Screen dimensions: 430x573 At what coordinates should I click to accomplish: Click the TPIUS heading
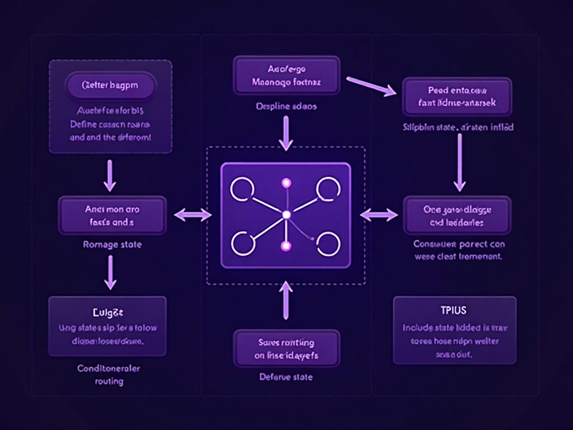(453, 310)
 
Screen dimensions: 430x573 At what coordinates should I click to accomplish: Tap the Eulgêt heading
(107, 311)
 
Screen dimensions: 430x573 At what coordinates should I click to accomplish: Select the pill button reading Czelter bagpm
(110, 87)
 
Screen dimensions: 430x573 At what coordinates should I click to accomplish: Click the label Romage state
(112, 245)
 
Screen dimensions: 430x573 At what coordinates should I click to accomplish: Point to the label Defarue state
(286, 377)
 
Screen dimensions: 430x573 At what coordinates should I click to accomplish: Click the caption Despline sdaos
(286, 106)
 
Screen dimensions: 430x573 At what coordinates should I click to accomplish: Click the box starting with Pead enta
(457, 96)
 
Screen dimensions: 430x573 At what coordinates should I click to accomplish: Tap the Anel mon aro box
(112, 215)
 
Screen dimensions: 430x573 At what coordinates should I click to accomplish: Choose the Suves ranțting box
(286, 348)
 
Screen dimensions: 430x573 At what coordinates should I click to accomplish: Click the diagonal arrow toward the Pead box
(370, 86)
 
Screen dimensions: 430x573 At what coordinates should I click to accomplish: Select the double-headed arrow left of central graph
(192, 214)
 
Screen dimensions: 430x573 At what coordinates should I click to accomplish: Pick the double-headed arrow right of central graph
(379, 214)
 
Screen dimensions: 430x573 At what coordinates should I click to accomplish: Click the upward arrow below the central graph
(286, 301)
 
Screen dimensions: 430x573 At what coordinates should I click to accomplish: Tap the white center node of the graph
(286, 215)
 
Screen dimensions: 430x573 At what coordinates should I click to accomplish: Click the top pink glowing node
(286, 183)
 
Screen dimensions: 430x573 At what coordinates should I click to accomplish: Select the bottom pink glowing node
(286, 246)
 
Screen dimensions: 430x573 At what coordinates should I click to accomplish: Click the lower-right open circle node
(328, 244)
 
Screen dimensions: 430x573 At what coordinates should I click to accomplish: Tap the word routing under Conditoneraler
(109, 381)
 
